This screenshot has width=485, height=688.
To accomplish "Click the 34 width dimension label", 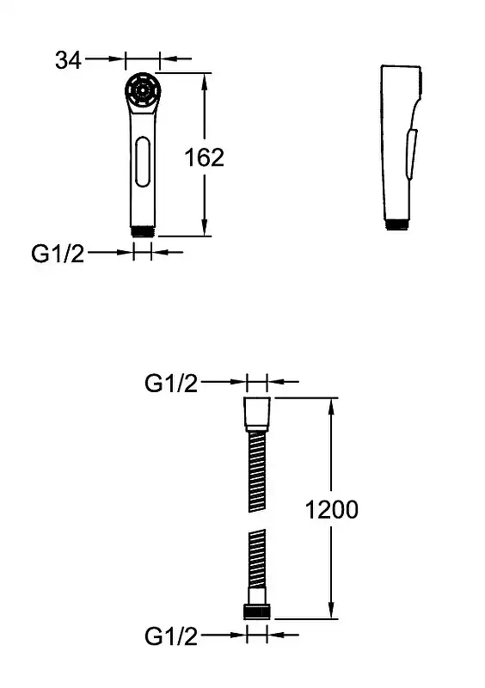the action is coord(68,59).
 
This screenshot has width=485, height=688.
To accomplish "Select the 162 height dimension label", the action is coord(204,157).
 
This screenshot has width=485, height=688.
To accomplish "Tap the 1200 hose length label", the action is coord(331,509).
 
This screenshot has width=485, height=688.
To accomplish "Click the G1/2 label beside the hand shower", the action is coord(58,253).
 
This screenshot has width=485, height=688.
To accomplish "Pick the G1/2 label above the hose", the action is coord(171,383).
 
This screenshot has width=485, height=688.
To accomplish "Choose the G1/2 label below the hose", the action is coord(171,636).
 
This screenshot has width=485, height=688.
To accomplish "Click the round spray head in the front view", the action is coord(143,90).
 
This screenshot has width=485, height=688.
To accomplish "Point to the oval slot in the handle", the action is coord(143,162).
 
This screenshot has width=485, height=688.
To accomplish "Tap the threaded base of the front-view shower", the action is coord(143,231).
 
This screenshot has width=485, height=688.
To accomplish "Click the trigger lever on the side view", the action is coord(412,154).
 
